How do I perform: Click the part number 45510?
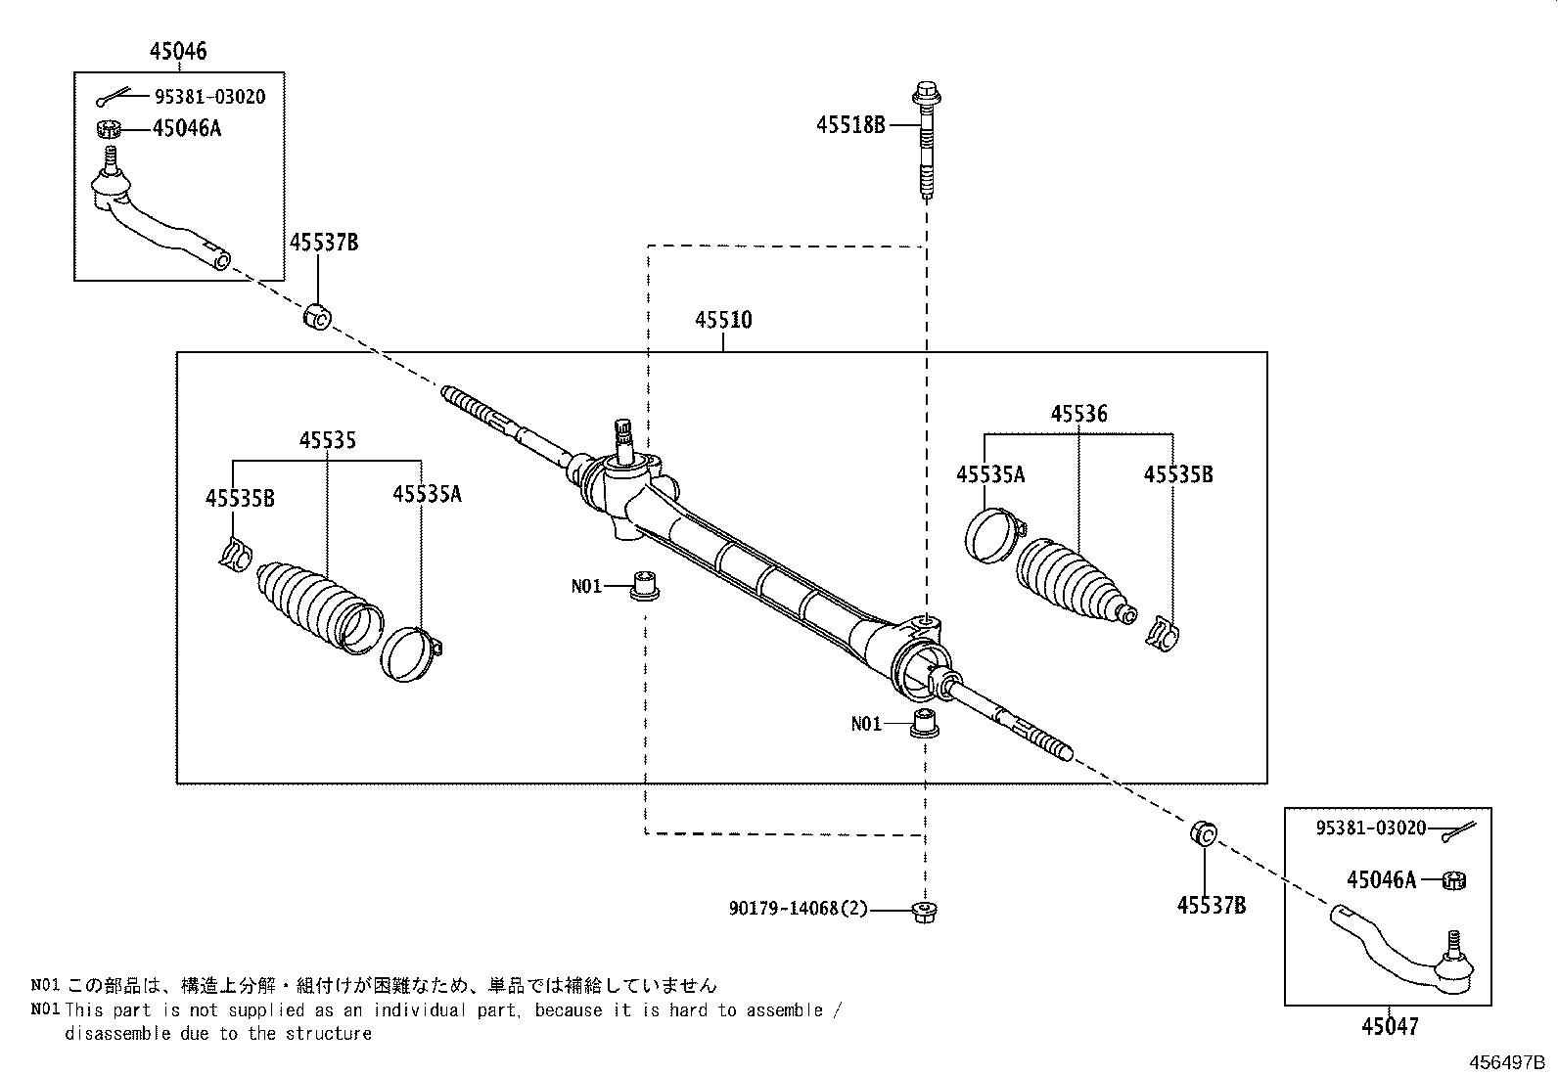[723, 320]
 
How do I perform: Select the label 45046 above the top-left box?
[178, 51]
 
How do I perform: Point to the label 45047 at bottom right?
[1389, 1026]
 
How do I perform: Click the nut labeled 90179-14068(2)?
[923, 911]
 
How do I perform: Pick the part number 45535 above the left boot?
[327, 440]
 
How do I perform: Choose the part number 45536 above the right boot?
[1078, 414]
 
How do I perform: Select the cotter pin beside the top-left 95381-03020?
[112, 97]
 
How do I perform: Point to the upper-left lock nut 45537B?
[316, 316]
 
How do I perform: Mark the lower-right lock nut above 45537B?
[1204, 834]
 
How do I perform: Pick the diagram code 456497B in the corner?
[1503, 1062]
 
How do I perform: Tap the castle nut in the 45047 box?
[1454, 879]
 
